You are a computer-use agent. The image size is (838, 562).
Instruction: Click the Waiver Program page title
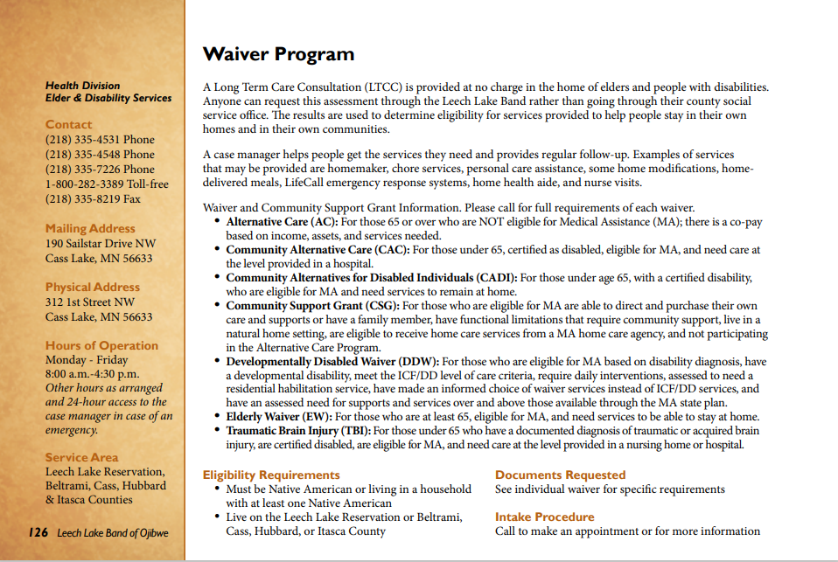[x=278, y=54]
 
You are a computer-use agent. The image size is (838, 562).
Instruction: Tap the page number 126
[x=37, y=532]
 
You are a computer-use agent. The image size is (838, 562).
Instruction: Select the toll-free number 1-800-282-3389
[x=107, y=184]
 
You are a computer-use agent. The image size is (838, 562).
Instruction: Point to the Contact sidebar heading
[x=68, y=125]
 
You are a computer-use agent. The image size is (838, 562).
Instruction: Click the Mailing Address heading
[x=90, y=229]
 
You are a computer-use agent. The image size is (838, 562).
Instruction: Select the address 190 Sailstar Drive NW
[x=101, y=244]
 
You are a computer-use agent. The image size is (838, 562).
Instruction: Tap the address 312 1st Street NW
[x=90, y=302]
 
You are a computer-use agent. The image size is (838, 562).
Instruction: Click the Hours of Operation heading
[x=101, y=346]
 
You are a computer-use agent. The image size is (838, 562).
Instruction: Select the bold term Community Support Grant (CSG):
[x=312, y=306]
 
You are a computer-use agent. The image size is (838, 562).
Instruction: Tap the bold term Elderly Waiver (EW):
[x=279, y=417]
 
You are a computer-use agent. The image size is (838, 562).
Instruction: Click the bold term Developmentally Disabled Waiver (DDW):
[x=332, y=361]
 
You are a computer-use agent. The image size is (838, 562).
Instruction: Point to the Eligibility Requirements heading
[x=271, y=475]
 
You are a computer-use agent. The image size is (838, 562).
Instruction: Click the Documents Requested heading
[x=560, y=475]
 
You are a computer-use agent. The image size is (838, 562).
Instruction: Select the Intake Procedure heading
[x=544, y=517]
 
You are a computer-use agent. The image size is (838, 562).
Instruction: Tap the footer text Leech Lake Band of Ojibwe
[x=113, y=533]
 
